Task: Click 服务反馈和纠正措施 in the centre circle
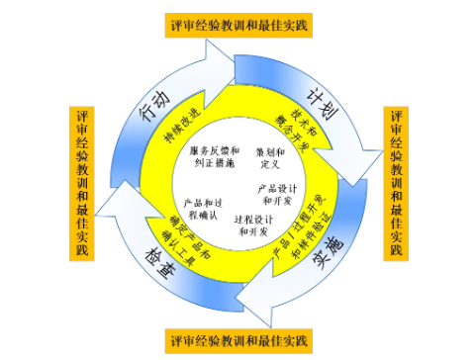(x=212, y=154)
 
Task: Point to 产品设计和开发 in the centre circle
(x=278, y=192)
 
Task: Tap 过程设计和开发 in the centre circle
(x=253, y=225)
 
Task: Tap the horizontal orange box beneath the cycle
(x=239, y=341)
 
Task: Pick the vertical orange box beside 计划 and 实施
(x=398, y=182)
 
